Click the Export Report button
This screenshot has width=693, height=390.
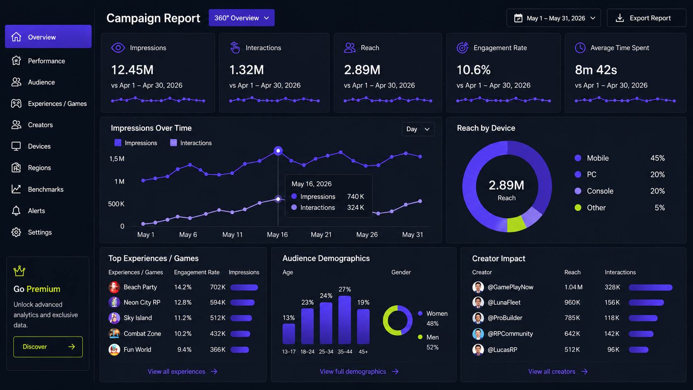[646, 18]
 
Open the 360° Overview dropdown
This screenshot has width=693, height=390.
[241, 18]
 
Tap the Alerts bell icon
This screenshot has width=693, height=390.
[16, 211]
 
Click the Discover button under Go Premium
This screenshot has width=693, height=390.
[48, 347]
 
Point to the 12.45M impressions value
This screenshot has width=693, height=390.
[132, 70]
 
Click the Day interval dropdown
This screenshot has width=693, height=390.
[418, 129]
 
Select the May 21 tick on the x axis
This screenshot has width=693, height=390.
[321, 235]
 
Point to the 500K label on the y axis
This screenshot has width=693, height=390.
[116, 204]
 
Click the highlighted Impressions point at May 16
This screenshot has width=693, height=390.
[278, 151]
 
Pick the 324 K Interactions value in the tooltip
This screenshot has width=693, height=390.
[356, 208]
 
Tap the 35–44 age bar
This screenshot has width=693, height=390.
[345, 320]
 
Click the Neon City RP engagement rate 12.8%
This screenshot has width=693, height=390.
[183, 303]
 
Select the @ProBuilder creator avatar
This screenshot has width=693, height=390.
[478, 318]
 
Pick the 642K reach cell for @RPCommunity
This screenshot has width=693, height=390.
[572, 334]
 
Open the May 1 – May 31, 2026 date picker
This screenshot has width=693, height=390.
[553, 18]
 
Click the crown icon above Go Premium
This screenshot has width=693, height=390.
[19, 271]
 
